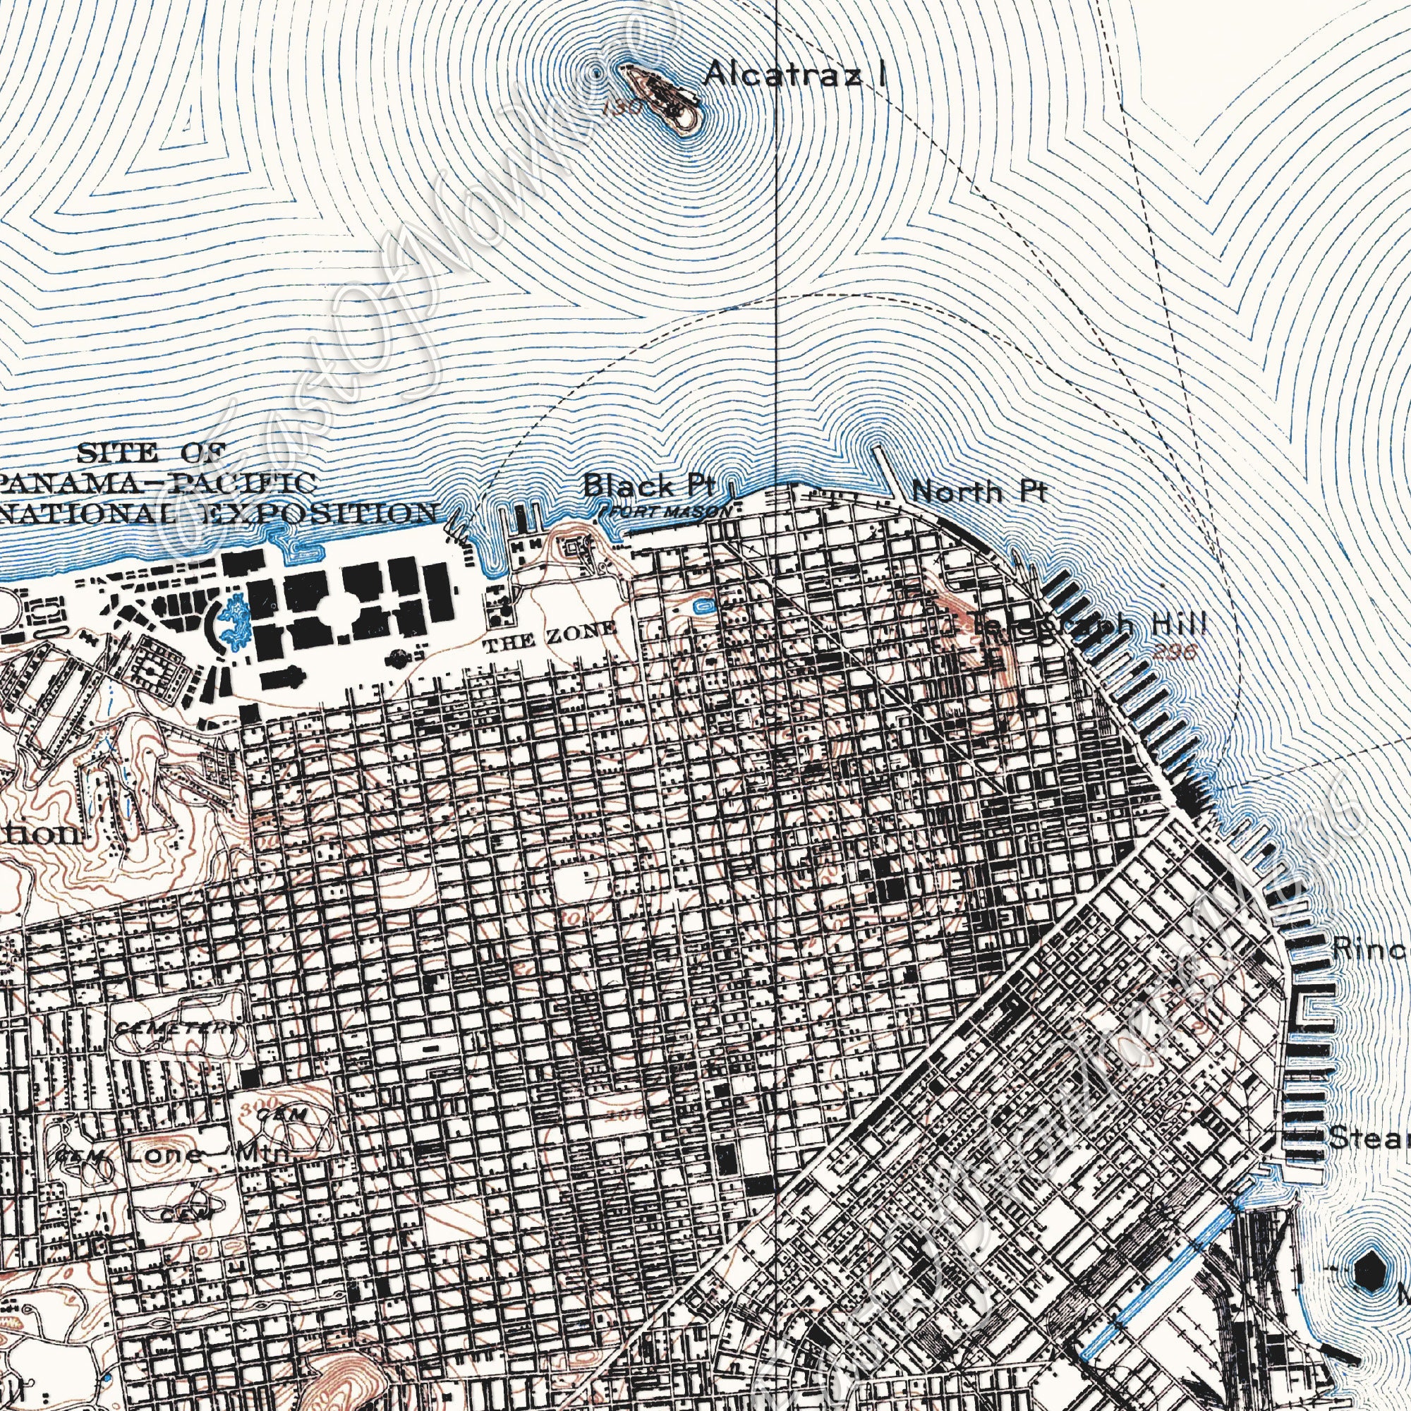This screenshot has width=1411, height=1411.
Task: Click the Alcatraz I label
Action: pyautogui.click(x=795, y=74)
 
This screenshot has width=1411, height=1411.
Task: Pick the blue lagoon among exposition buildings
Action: pyautogui.click(x=234, y=622)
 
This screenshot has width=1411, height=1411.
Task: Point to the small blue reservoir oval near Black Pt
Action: pyautogui.click(x=705, y=605)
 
